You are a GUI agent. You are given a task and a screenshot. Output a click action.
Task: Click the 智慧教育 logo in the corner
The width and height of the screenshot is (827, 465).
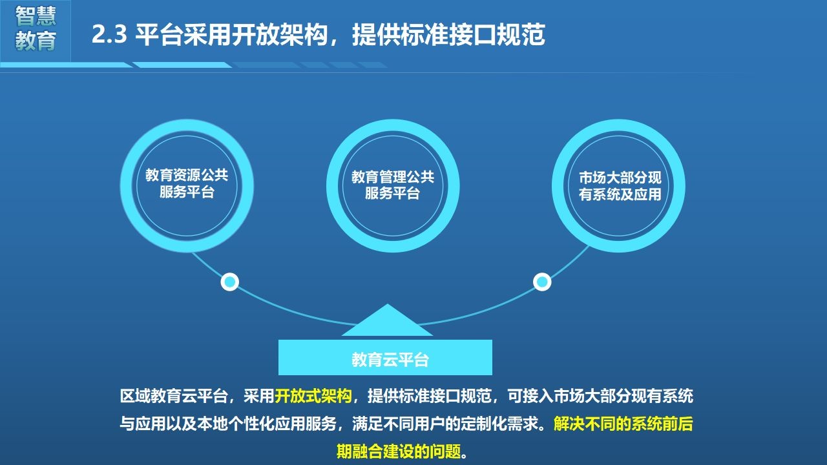[x=36, y=28]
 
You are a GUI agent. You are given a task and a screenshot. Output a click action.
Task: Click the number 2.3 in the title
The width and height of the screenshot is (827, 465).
[x=109, y=34]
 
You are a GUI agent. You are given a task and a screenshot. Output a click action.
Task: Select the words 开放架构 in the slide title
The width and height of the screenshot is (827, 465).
[x=279, y=34]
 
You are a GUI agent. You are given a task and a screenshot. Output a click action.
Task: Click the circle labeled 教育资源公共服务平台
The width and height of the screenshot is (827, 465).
[x=126, y=185]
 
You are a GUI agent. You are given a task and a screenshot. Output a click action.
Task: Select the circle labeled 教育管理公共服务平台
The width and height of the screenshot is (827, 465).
[x=332, y=185]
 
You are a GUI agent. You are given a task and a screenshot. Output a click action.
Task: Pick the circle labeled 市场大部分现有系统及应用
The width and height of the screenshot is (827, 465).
[x=558, y=185]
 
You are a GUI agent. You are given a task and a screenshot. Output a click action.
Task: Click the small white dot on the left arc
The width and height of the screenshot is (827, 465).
[x=229, y=282]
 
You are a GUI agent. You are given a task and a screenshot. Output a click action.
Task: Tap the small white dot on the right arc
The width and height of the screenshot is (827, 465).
[x=542, y=282]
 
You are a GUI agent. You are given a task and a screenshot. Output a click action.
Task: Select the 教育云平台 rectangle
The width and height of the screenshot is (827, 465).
[x=385, y=357]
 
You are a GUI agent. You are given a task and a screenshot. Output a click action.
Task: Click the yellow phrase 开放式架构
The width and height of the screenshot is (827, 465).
[x=313, y=396]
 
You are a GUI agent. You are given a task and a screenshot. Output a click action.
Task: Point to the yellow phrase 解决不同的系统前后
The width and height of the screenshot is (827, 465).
[x=623, y=424]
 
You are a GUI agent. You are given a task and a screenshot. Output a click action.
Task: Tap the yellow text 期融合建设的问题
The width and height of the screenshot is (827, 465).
[x=399, y=451]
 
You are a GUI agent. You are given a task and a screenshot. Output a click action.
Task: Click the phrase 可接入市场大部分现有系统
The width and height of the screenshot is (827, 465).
[x=600, y=396]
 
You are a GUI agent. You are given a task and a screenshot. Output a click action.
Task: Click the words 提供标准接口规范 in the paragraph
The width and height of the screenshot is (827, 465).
[x=430, y=396]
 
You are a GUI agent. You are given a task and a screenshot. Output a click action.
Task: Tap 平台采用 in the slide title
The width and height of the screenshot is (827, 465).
[x=183, y=34]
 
